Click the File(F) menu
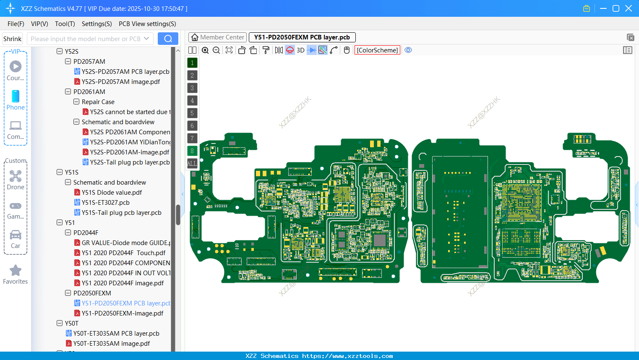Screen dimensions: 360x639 16,24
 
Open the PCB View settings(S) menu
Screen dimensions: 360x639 147,24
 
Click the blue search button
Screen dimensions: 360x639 168,39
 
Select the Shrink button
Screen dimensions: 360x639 12,39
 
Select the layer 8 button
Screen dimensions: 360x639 192,151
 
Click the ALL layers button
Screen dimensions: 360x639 192,163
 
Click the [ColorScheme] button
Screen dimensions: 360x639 377,50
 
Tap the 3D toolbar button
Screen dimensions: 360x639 300,50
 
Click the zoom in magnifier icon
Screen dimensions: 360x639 205,50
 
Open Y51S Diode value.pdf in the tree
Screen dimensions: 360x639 112,193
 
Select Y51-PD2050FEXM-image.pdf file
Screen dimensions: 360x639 122,313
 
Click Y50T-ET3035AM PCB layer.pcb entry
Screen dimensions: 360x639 116,334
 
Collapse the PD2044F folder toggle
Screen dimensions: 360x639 68,233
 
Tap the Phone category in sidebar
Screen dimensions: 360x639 16,100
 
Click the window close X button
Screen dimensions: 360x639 629,8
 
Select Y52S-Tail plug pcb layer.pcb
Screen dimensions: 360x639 130,162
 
